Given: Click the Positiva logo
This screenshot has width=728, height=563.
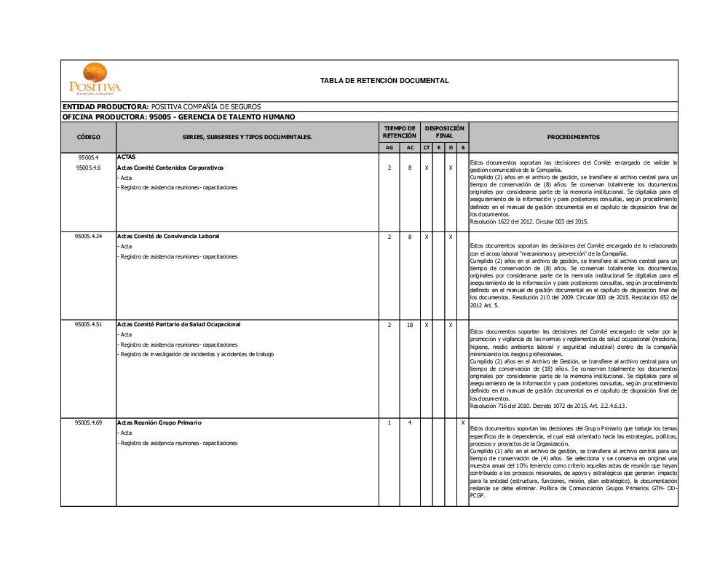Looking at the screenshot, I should (95, 79).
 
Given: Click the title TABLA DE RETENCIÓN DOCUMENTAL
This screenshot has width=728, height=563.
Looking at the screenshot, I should (384, 81).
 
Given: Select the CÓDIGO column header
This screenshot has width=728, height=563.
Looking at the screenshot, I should (88, 137).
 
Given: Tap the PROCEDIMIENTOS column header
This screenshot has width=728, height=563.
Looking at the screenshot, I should (573, 137).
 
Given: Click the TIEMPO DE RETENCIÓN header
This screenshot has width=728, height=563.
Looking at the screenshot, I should (400, 132).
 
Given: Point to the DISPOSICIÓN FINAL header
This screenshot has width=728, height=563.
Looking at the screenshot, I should (444, 132).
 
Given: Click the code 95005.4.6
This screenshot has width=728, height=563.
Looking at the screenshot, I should (88, 168).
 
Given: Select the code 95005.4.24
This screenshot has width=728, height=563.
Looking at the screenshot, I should (88, 237).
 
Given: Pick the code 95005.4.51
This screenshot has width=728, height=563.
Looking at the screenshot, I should (88, 325).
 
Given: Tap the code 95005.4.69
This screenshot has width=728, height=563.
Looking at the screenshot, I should (88, 423).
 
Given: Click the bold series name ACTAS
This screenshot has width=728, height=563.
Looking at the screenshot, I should (126, 157).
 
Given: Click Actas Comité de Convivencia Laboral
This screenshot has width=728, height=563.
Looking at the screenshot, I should (168, 237).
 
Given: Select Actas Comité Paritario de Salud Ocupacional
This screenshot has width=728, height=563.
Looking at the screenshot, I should (178, 325).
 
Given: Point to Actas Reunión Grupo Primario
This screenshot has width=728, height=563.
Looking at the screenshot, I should (159, 423).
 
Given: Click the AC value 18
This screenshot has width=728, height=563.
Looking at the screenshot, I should (410, 326).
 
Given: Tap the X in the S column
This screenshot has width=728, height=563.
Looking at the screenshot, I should (463, 423).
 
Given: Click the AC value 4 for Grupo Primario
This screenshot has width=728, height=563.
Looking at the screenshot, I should (410, 423).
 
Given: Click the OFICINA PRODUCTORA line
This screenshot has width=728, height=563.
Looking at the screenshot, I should (178, 117).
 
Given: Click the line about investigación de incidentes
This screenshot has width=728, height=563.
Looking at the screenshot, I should (197, 355).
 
